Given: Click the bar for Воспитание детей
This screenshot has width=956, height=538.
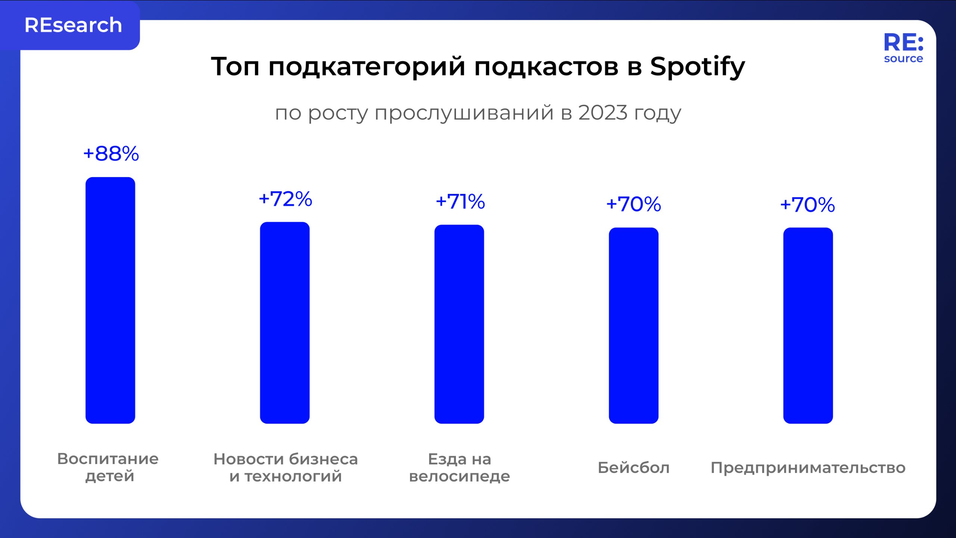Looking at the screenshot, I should [x=110, y=300].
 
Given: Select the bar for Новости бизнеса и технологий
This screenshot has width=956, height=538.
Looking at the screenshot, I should [x=285, y=322].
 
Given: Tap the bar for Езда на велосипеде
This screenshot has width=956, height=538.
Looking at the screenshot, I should [x=459, y=324].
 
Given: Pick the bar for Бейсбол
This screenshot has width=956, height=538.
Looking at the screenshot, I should [x=633, y=325].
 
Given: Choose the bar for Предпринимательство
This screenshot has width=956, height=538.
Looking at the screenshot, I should [x=808, y=325].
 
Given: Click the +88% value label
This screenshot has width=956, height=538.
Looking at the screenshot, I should [x=111, y=154].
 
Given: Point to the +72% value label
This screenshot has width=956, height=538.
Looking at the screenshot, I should [x=285, y=199].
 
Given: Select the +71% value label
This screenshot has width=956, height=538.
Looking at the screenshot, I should [x=460, y=202].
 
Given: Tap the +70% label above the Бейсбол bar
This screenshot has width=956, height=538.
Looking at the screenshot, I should [x=633, y=204].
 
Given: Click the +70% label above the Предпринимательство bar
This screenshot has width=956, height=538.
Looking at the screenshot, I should [x=807, y=205].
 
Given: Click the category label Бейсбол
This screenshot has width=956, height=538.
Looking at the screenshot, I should [x=633, y=468].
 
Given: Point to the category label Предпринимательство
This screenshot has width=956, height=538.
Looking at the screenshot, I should [x=808, y=468].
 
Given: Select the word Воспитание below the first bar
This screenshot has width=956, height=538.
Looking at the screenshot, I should [x=108, y=459].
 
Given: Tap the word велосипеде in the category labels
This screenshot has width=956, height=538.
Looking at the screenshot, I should [x=459, y=477].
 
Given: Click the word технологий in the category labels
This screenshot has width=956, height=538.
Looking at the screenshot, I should [x=293, y=477].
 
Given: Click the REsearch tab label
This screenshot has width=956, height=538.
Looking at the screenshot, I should [x=73, y=25].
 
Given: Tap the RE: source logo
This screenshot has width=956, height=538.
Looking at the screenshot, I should [x=903, y=48].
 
